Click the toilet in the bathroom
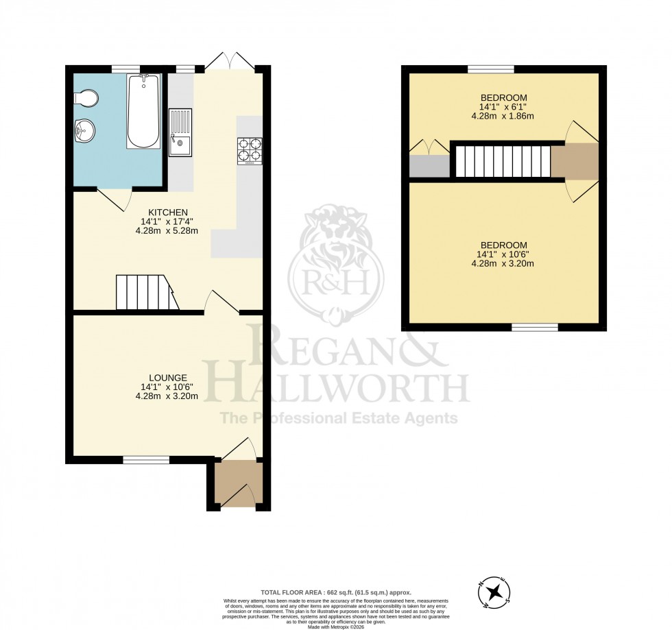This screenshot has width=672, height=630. [87, 99]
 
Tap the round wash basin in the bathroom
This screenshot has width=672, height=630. [85, 130]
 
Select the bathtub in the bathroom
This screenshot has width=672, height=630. [143, 111]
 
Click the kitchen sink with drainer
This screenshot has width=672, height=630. [180, 132]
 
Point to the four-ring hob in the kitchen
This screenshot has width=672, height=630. [250, 152]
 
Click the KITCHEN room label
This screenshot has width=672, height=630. [168, 212]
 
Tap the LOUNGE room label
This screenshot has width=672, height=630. [168, 377]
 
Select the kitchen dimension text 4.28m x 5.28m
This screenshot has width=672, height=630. [168, 231]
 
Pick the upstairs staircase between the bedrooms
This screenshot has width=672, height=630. [503, 161]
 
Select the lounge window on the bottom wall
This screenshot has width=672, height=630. [146, 460]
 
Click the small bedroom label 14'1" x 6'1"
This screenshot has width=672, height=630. [503, 107]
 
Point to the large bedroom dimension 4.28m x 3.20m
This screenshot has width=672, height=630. [503, 264]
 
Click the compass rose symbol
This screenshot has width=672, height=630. [494, 594]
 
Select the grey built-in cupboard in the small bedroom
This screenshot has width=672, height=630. [429, 167]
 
